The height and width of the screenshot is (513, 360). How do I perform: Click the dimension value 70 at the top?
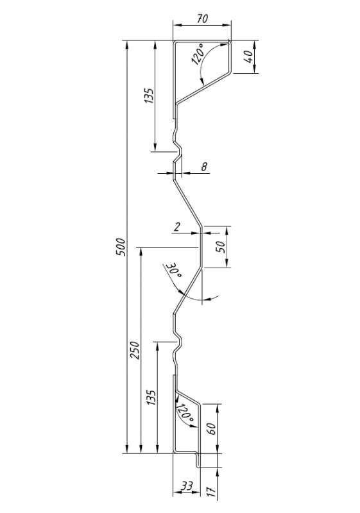pyautogui.click(x=203, y=19)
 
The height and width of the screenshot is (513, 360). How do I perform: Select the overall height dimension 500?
pyautogui.click(x=121, y=248)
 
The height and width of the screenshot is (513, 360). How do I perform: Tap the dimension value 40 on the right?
pyautogui.click(x=248, y=56)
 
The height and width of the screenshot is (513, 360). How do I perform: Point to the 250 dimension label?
pyautogui.click(x=135, y=350)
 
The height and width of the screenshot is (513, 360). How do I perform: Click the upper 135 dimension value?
pyautogui.click(x=149, y=96)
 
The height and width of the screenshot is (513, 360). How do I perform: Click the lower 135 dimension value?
pyautogui.click(x=151, y=398)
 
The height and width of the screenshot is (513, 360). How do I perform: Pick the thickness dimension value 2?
pyautogui.click(x=176, y=226)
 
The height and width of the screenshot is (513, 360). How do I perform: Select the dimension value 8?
pyautogui.click(x=204, y=167)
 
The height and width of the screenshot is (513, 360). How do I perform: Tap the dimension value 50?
pyautogui.click(x=221, y=246)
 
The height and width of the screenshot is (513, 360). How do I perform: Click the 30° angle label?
pyautogui.click(x=174, y=270)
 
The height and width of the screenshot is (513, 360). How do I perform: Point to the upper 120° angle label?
pyautogui.click(x=198, y=55)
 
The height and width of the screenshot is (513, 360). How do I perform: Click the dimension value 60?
pyautogui.click(x=211, y=428)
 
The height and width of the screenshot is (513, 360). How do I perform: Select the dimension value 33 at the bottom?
pyautogui.click(x=187, y=486)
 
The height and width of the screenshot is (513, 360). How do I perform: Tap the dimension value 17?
pyautogui.click(x=212, y=492)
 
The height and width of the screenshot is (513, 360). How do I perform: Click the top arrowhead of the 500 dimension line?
pyautogui.click(x=127, y=45)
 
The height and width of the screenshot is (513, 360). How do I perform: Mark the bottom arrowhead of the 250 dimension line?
pyautogui.click(x=141, y=450)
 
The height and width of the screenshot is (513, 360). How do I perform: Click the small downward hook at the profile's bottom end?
pyautogui.click(x=198, y=460)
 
